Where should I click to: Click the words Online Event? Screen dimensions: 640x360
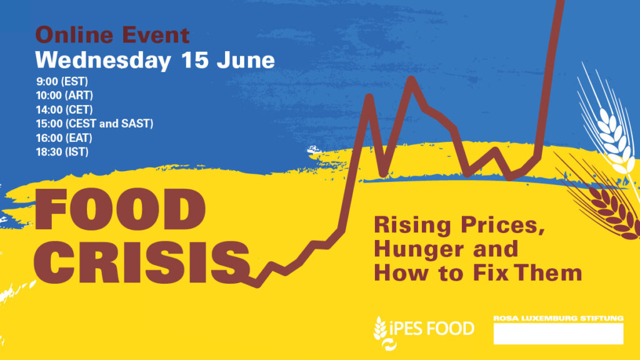point(112,35)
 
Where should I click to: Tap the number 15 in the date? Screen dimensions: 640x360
point(195,60)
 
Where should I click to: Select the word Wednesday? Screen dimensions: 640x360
point(103,61)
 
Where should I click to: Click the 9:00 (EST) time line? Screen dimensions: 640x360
point(62,82)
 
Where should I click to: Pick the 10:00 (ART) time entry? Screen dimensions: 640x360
point(64,96)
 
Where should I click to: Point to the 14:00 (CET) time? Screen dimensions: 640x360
point(64,110)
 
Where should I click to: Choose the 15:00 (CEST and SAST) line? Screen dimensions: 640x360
point(95,124)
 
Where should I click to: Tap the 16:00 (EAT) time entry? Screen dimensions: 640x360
point(64,138)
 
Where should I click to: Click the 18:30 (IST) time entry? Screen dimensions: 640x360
point(62,152)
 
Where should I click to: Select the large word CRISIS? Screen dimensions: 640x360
point(142,262)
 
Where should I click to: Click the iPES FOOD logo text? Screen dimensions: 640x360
point(432,329)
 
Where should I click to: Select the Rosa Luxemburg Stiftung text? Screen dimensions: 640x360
point(558,318)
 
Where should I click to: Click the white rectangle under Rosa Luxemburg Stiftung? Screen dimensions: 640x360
point(558,334)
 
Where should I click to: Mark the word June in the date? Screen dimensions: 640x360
point(246,60)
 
